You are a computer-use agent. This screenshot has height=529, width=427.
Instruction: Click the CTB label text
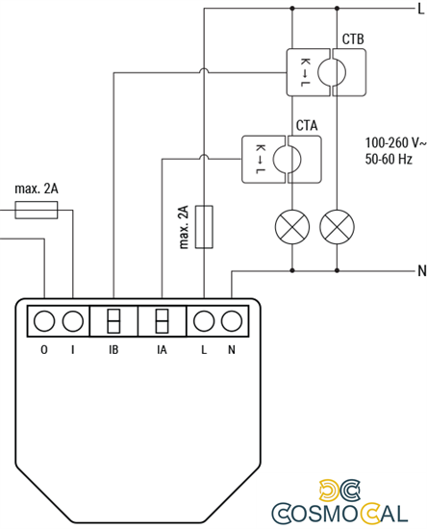coord(353,39)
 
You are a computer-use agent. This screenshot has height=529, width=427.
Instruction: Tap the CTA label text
coord(307,126)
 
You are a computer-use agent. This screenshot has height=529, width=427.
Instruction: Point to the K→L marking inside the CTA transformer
coord(260,159)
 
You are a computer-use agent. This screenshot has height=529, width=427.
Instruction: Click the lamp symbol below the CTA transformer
coord(289,227)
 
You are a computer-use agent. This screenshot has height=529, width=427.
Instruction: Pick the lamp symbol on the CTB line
coord(336,227)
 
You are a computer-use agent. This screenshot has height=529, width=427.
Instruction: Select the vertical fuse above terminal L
coord(204,227)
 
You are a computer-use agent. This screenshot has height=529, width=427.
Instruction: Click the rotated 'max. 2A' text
coord(183,227)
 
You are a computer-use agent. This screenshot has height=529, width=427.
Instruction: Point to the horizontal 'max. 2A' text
coord(37,189)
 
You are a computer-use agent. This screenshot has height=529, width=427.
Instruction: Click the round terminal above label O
coord(44,320)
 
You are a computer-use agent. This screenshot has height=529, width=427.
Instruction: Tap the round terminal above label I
coord(72,320)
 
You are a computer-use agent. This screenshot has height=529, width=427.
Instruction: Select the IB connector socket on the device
coord(113,320)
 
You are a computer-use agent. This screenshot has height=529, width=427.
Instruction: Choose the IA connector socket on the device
coord(162,320)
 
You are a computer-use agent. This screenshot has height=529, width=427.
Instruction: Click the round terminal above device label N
coord(231,320)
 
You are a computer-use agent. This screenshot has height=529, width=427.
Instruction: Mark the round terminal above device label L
coord(204,320)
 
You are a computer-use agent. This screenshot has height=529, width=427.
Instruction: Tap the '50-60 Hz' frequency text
coord(389,158)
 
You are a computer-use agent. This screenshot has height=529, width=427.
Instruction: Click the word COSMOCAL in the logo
coord(347,511)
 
